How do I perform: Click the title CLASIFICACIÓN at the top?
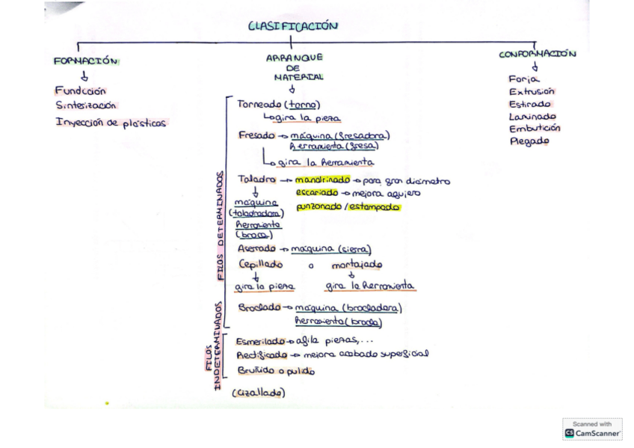coord(293,26)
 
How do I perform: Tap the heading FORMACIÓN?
coord(86,61)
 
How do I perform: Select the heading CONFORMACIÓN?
coord(538,55)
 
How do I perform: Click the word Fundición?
coord(81,91)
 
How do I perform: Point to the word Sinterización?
coord(86,106)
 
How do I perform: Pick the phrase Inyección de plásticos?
coord(111,123)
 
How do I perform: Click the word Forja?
coord(524,79)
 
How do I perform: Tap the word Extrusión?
coord(532,91)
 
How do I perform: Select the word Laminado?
coord(532,116)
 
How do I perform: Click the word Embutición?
coord(535,128)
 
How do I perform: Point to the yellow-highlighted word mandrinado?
coord(322,180)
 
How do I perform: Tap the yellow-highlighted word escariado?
coord(322,193)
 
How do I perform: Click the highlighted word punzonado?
coord(318,207)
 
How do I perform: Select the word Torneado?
coord(258,105)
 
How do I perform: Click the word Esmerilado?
coord(262,340)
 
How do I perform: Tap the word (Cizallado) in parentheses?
coord(259,393)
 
